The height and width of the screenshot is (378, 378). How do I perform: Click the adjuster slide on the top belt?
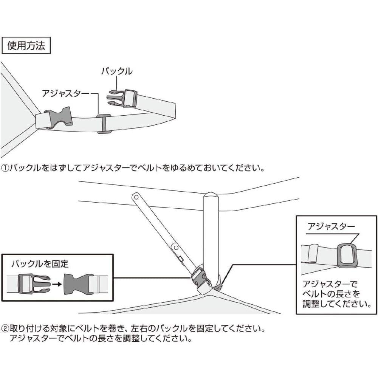click(x=103, y=124)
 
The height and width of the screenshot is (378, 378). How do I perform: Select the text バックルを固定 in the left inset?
click(x=40, y=263)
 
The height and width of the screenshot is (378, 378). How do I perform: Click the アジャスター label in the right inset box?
click(x=331, y=227)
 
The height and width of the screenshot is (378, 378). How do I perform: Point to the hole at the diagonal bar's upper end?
click(x=136, y=197)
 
